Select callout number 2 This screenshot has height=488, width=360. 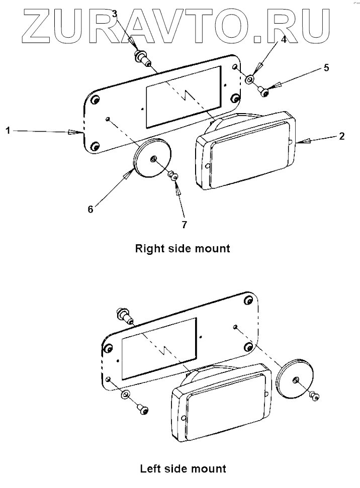point(341,136)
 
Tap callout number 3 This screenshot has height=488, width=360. point(115,14)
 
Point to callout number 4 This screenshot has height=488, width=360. point(283,39)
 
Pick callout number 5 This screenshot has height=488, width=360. point(326,68)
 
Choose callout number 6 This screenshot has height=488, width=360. point(91,210)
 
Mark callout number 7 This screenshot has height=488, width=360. point(185,225)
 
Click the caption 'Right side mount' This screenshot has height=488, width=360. point(183,248)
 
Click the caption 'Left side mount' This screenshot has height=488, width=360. point(183,469)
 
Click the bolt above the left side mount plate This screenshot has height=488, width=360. point(124,315)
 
